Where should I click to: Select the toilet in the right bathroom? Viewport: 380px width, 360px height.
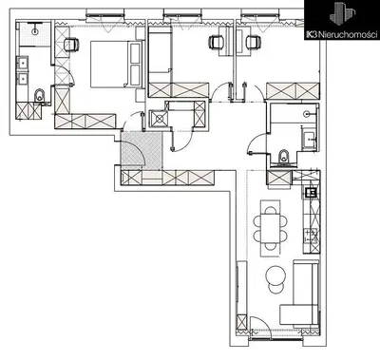tap(284, 158)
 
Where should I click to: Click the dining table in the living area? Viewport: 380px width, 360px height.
tap(272, 226)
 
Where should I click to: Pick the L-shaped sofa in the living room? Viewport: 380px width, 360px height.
tap(301, 294)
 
